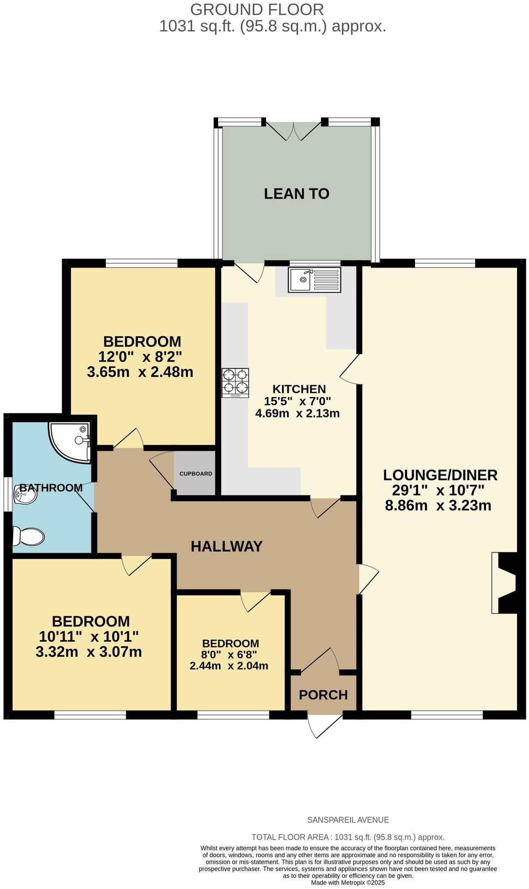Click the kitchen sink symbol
[314, 280]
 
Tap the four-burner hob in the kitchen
[235, 383]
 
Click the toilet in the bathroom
[29, 536]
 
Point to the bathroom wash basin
[24, 495]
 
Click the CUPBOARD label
[196, 473]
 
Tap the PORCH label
[323, 695]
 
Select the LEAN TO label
[297, 194]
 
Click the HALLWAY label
[227, 546]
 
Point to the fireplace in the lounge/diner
[505, 583]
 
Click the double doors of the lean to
[294, 130]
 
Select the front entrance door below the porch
[325, 725]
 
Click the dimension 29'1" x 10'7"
[440, 490]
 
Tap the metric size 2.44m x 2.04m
[229, 666]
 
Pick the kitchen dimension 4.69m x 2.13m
[297, 413]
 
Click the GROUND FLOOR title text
[257, 9]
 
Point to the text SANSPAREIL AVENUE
[348, 820]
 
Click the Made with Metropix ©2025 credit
[348, 883]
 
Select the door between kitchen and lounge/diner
[351, 369]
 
